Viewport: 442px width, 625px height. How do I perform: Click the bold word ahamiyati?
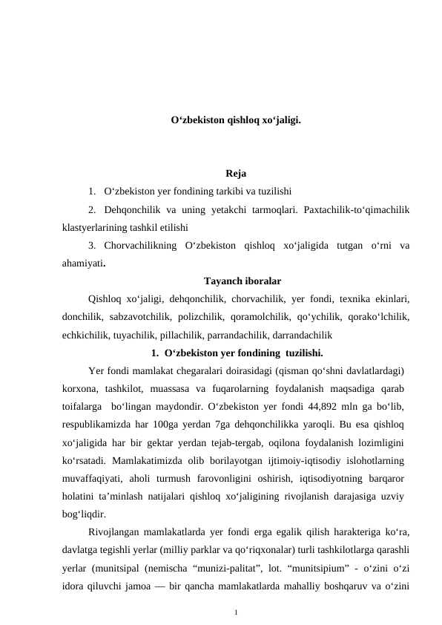click(x=83, y=263)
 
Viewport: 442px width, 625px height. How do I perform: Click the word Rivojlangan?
click(x=116, y=531)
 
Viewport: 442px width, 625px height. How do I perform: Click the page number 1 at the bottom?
click(x=235, y=612)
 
